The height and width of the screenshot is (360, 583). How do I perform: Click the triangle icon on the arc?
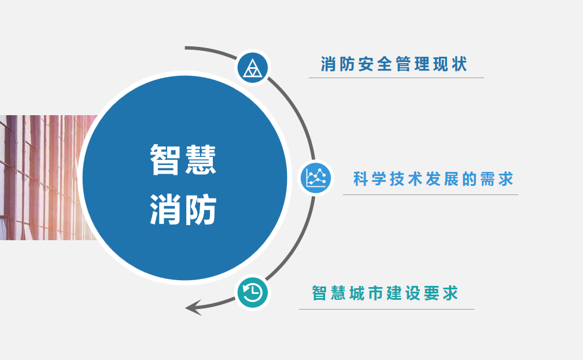coord(252,68)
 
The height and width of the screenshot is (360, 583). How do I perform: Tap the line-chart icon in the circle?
coord(316,178)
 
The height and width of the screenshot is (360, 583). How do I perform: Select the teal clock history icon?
coord(252,292)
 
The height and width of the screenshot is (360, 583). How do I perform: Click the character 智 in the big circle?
coord(165,159)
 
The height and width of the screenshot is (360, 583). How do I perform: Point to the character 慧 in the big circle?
coord(201,159)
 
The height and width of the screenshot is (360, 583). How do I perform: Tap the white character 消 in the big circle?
coord(165,210)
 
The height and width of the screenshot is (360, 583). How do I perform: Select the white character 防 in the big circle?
coord(201,210)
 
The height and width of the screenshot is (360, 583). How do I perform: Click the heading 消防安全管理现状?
coord(394,64)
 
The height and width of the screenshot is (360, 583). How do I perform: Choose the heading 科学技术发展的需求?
coord(433,179)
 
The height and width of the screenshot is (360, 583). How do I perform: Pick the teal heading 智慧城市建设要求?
coord(385,293)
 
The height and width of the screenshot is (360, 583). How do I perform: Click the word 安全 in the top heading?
coord(375,64)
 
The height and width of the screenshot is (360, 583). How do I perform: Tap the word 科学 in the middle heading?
coord(370,179)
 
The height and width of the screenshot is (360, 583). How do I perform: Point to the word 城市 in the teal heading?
coord(366,293)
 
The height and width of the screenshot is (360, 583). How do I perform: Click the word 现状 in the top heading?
coord(450,64)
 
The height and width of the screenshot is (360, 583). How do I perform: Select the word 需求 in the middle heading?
coord(497,179)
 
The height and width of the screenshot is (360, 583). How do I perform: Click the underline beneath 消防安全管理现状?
coord(396,78)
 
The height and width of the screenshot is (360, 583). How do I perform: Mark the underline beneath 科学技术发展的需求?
coord(430,194)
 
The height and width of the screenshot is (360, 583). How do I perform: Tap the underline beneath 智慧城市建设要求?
coord(387,309)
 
